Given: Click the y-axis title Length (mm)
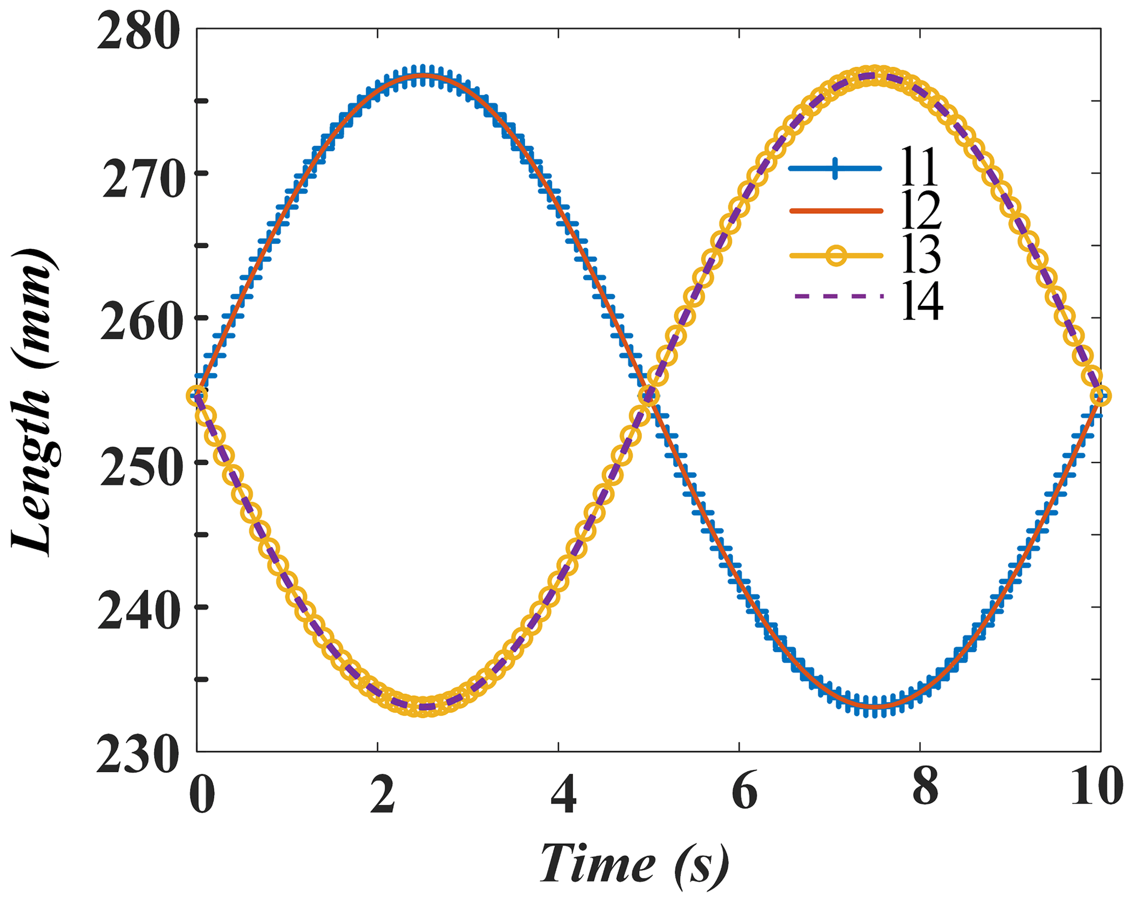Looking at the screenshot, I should coord(34,403).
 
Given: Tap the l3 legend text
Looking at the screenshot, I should coord(921,255).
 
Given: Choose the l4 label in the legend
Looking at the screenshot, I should coord(922,301).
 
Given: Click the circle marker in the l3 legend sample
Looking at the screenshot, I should coord(836,256).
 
